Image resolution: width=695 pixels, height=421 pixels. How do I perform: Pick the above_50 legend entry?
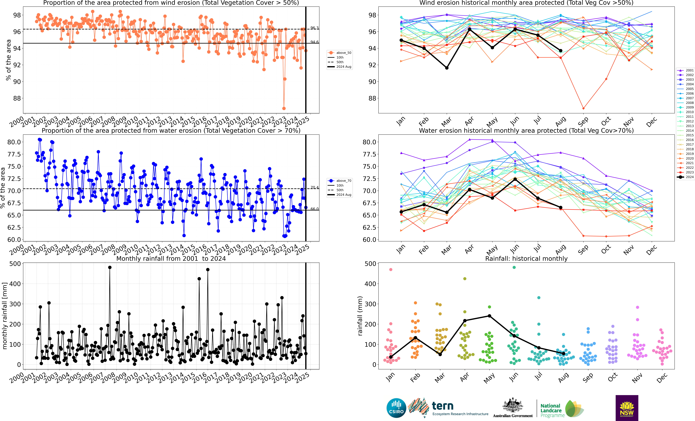(340, 53)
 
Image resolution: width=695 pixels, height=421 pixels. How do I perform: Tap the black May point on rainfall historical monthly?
(489, 316)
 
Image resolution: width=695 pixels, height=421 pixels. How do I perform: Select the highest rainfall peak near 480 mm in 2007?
(110, 268)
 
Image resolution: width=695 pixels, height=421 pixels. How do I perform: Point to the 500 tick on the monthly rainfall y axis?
(15, 264)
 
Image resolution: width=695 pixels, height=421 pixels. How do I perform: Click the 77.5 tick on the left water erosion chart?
(14, 154)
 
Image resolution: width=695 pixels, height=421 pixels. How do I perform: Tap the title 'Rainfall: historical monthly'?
(526, 259)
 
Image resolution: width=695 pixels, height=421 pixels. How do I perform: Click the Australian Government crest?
(513, 406)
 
